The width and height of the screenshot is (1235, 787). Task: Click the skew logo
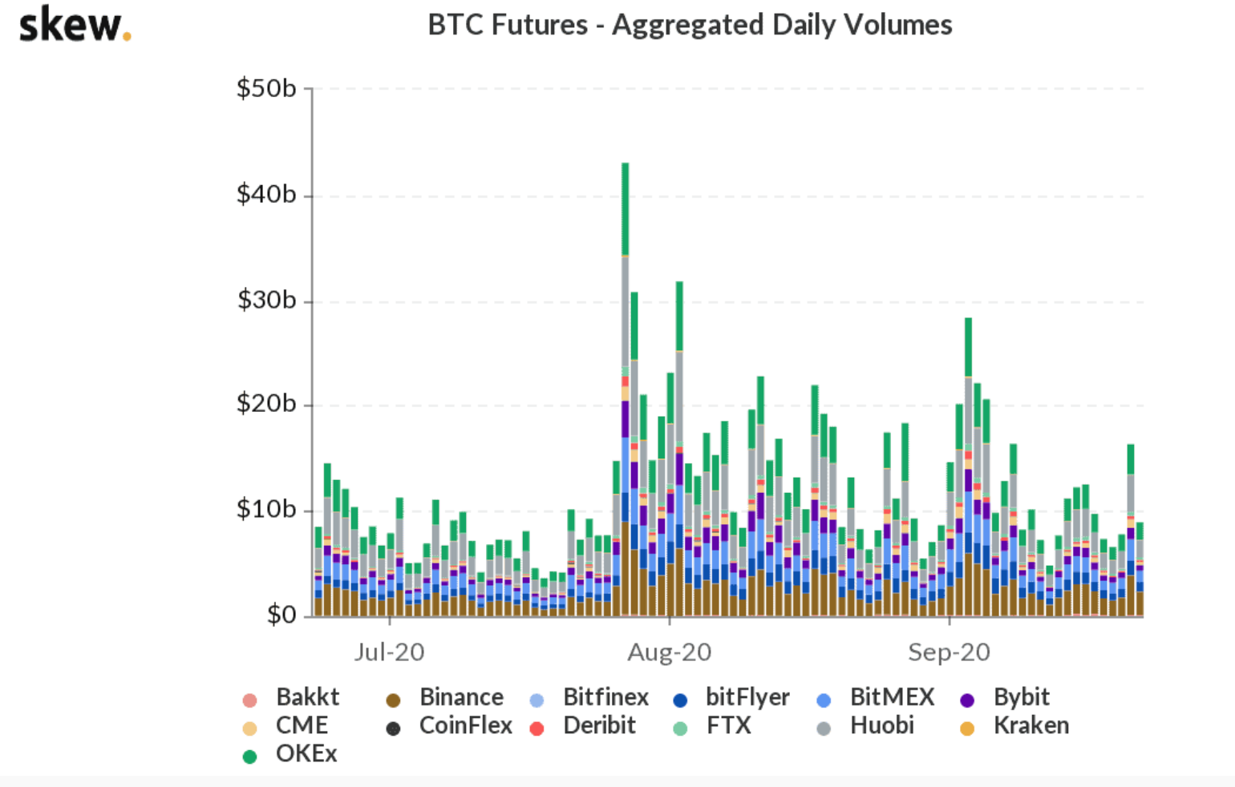(74, 25)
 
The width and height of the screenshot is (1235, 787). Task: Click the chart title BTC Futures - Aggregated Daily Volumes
(690, 25)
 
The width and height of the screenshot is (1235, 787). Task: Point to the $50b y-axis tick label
(266, 88)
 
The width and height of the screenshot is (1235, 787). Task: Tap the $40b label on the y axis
(266, 194)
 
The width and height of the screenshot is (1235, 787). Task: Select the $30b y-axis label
(266, 300)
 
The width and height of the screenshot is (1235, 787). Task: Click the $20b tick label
(266, 404)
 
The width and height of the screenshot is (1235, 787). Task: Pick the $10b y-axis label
(266, 510)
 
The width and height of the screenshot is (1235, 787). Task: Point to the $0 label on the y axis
(281, 615)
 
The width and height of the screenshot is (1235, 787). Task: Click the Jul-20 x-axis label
(389, 652)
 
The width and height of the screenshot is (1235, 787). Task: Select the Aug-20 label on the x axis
(669, 652)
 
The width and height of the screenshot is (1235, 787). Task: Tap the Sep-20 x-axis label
(949, 652)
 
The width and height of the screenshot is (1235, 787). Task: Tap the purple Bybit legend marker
(967, 700)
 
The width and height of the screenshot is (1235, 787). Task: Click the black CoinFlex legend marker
(393, 728)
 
